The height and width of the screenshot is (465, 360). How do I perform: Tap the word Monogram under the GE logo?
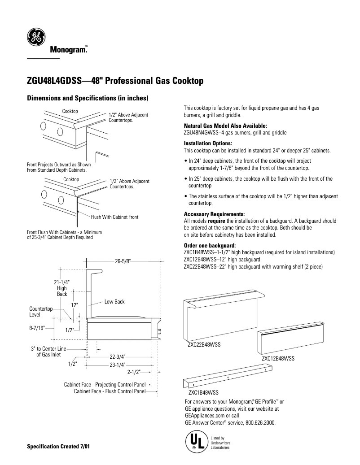pyautogui.click(x=68, y=51)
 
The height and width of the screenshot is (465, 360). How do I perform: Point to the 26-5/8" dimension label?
pyautogui.click(x=123, y=261)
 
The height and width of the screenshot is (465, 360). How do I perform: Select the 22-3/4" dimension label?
pyautogui.click(x=118, y=357)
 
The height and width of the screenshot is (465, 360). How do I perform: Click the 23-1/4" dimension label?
pyautogui.click(x=118, y=365)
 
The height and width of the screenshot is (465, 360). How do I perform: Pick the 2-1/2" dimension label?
pyautogui.click(x=134, y=372)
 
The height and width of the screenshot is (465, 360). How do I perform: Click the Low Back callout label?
pyautogui.click(x=114, y=302)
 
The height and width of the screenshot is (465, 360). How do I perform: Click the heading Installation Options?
pyautogui.click(x=207, y=143)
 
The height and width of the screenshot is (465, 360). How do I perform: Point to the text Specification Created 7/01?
pyautogui.click(x=58, y=447)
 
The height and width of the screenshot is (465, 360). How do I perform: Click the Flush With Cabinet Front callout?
pyautogui.click(x=114, y=217)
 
